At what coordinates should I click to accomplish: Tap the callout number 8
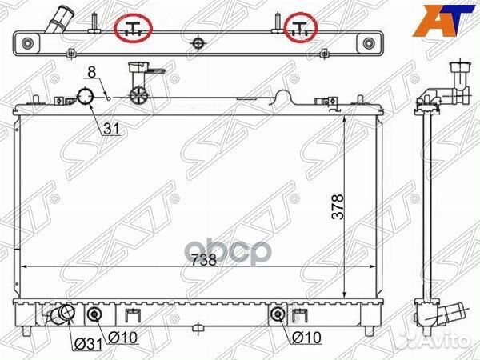pyautogui.click(x=92, y=73)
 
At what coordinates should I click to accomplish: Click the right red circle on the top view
pyautogui.click(x=302, y=29)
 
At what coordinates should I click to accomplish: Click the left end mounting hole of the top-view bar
pyautogui.click(x=29, y=43)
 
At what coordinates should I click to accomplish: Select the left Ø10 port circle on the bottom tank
pyautogui.click(x=95, y=314)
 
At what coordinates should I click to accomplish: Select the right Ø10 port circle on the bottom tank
pyautogui.click(x=278, y=314)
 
